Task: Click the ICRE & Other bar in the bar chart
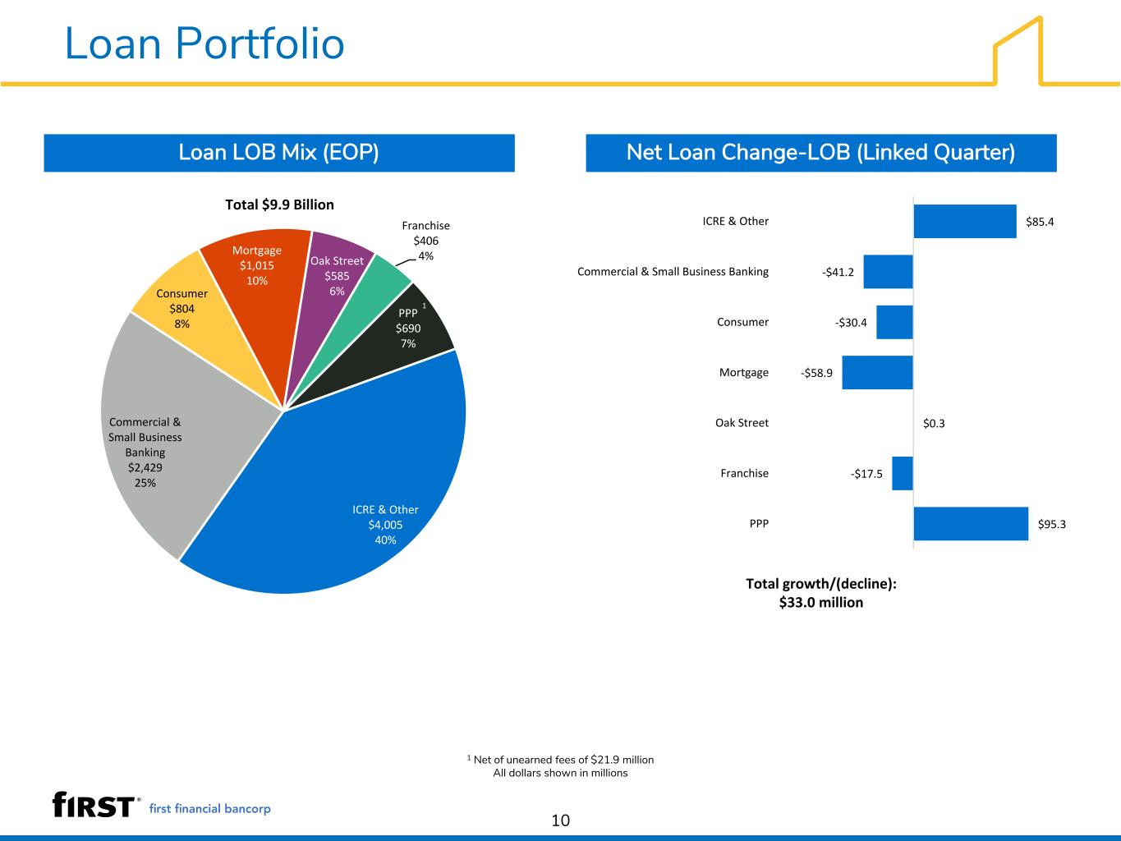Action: tap(965, 221)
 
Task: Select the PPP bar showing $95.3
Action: tap(971, 523)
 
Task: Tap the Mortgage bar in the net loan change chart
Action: tap(877, 372)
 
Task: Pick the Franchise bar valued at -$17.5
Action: tap(903, 473)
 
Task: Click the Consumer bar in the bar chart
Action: tap(895, 322)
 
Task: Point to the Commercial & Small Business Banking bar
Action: tap(888, 272)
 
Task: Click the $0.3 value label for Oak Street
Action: tap(934, 423)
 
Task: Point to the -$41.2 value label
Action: tap(838, 272)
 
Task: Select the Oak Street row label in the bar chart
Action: tap(742, 423)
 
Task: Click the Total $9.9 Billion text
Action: tap(279, 205)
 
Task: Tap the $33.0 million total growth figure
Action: tap(820, 603)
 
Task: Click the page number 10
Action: tap(560, 820)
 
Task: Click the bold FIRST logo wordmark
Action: tap(94, 805)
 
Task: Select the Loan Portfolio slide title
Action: tap(204, 44)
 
